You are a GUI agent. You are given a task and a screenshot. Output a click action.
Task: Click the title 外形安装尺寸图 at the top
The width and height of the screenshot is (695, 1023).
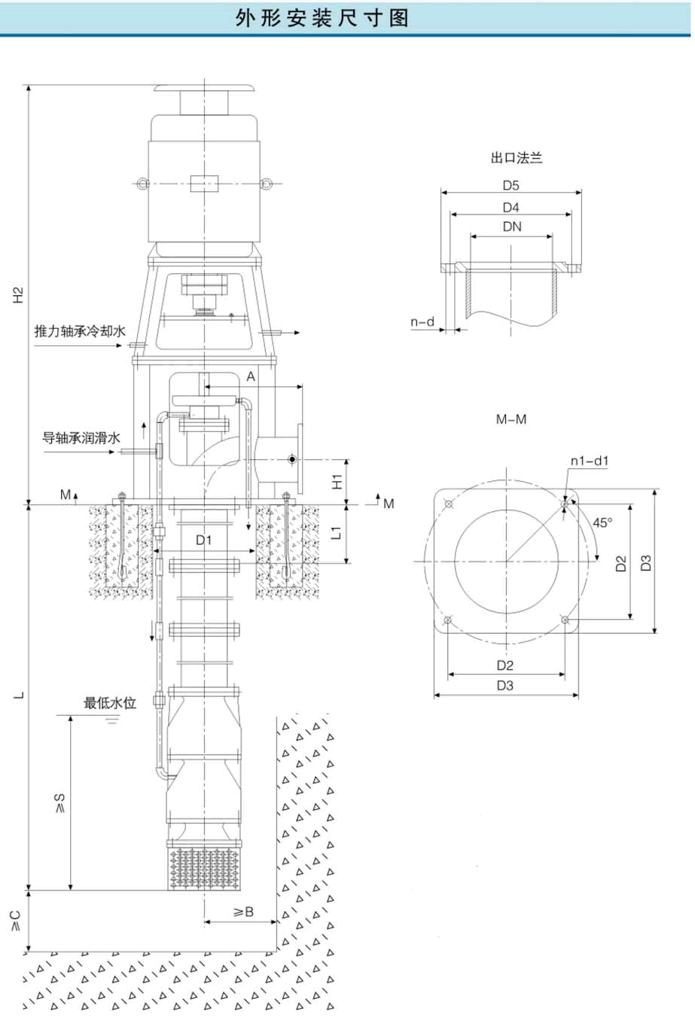click(322, 17)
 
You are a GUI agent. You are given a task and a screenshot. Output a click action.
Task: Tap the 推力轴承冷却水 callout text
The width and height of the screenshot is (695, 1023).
click(79, 331)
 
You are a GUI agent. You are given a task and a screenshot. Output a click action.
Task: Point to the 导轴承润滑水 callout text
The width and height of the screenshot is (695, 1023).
click(81, 437)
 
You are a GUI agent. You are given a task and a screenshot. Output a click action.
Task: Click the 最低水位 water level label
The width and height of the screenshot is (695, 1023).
click(110, 703)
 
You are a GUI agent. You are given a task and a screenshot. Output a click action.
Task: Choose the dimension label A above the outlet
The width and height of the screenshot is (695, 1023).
click(251, 376)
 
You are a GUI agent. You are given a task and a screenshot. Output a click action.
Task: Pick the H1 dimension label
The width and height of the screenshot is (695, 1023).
click(337, 481)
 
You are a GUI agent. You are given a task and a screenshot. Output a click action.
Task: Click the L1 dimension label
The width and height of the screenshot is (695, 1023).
click(337, 533)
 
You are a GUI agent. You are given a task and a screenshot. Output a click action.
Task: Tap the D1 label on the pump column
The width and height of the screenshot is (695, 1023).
click(204, 540)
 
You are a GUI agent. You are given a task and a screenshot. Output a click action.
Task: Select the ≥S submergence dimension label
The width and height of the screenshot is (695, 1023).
click(60, 803)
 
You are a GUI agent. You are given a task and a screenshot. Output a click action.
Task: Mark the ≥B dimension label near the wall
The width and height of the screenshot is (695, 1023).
click(243, 912)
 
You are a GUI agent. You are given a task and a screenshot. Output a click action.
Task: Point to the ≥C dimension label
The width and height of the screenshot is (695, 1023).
click(16, 920)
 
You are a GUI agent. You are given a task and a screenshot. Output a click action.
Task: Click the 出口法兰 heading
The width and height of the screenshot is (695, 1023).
click(517, 158)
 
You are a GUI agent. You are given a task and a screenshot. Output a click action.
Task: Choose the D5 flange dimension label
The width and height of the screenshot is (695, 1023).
click(511, 185)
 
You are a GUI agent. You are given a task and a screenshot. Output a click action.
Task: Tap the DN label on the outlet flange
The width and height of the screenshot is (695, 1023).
click(511, 227)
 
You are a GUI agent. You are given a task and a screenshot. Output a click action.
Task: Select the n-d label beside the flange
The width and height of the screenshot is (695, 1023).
click(422, 322)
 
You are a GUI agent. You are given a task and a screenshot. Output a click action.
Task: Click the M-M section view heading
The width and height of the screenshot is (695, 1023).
click(511, 419)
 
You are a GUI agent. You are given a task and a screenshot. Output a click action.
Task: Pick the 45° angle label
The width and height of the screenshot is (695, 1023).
click(602, 522)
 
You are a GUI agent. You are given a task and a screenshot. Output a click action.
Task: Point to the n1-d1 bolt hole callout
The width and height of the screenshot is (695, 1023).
click(590, 461)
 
